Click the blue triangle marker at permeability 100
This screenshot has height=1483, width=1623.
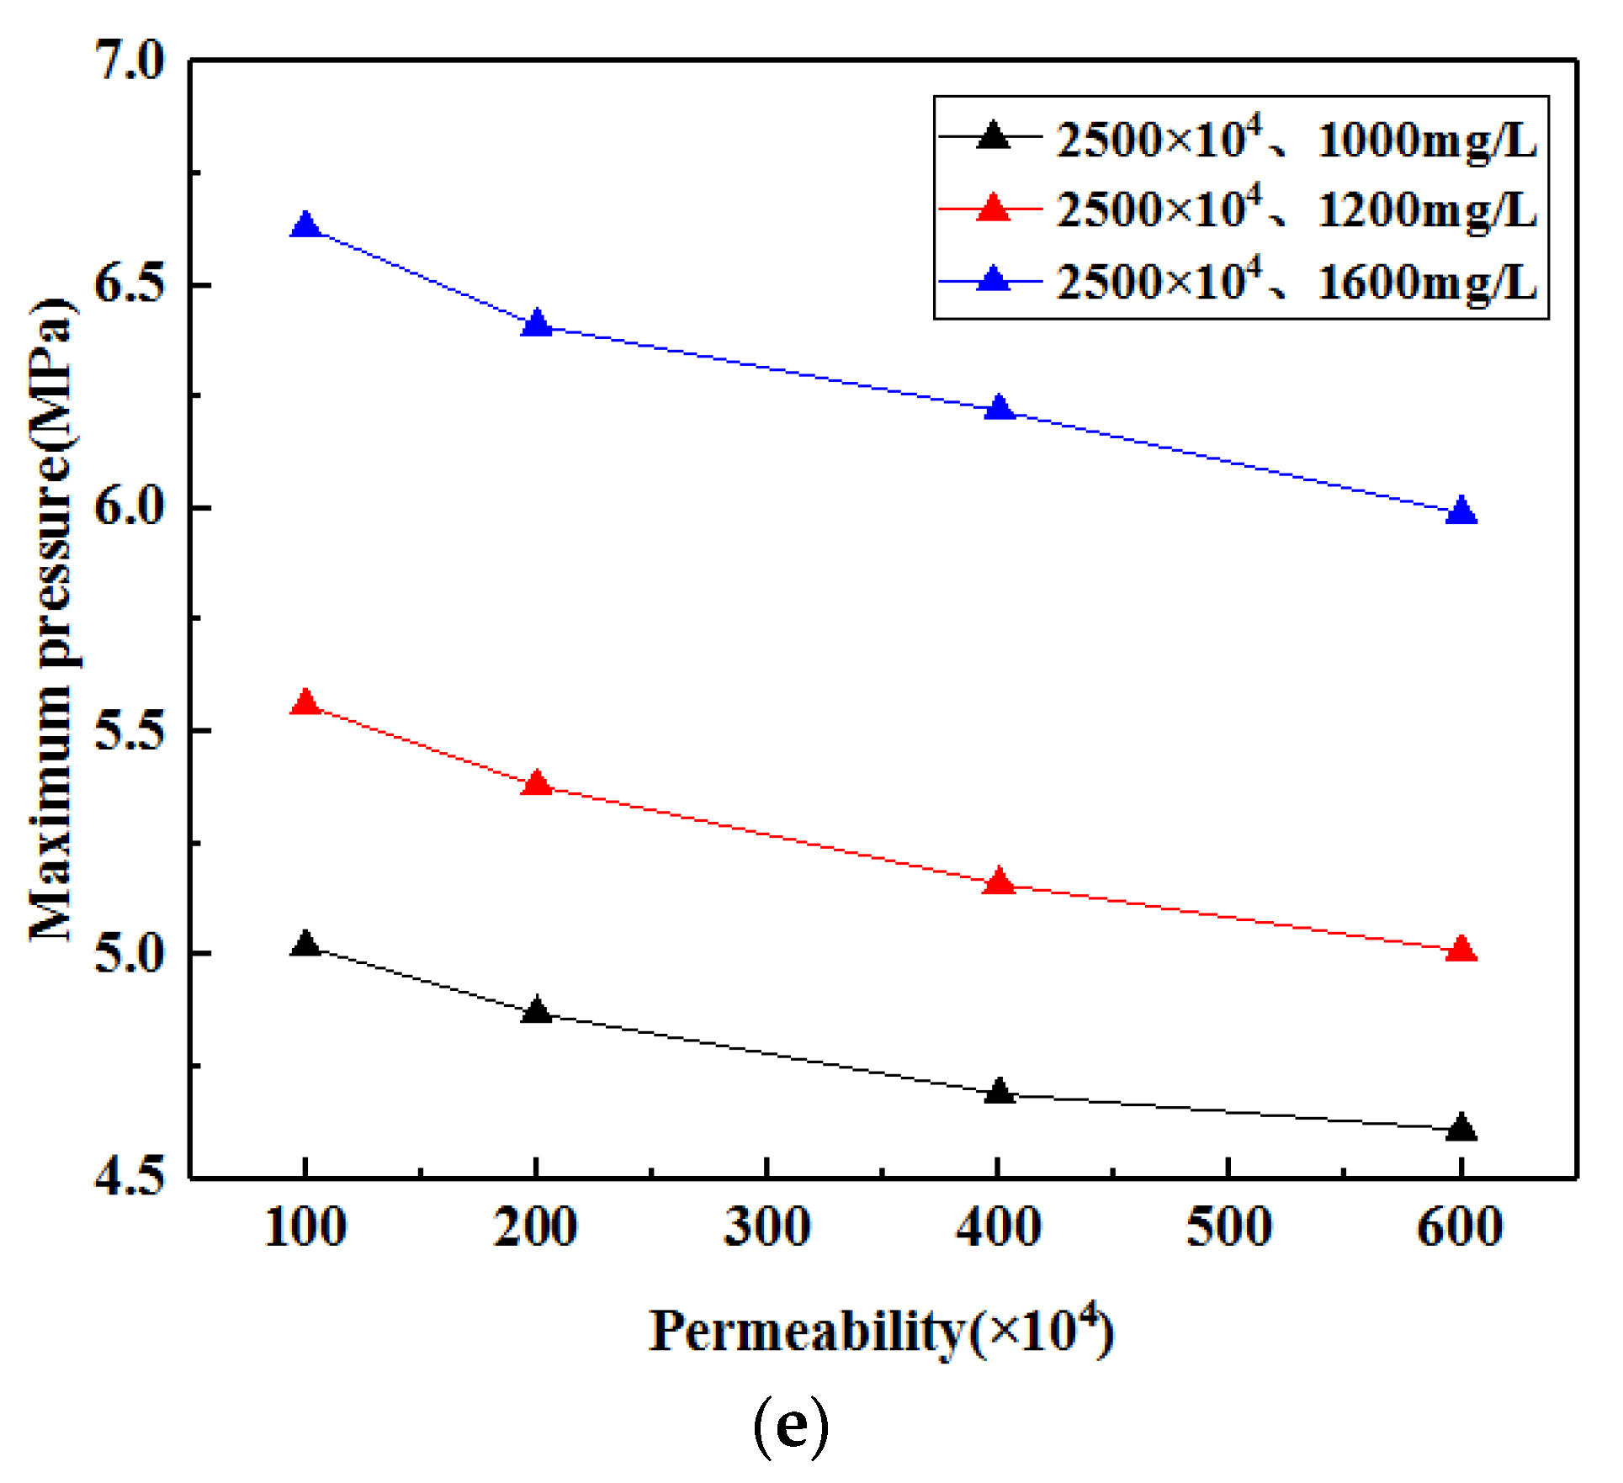coord(305,225)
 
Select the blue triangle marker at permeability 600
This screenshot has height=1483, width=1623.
coord(1461,511)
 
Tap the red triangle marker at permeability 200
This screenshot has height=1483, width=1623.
coord(537,783)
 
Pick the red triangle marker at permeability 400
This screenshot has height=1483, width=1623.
coord(999,882)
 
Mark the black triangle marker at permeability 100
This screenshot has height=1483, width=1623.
coord(305,944)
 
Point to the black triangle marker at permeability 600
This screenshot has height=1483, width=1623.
coord(1461,1127)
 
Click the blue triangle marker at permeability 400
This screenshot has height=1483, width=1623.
coord(999,408)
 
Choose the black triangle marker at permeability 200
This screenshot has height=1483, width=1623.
coord(537,1010)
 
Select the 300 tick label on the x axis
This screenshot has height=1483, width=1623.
coord(766,1227)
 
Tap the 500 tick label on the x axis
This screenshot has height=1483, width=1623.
coord(1228,1227)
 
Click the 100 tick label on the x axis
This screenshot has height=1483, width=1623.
coord(305,1227)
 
